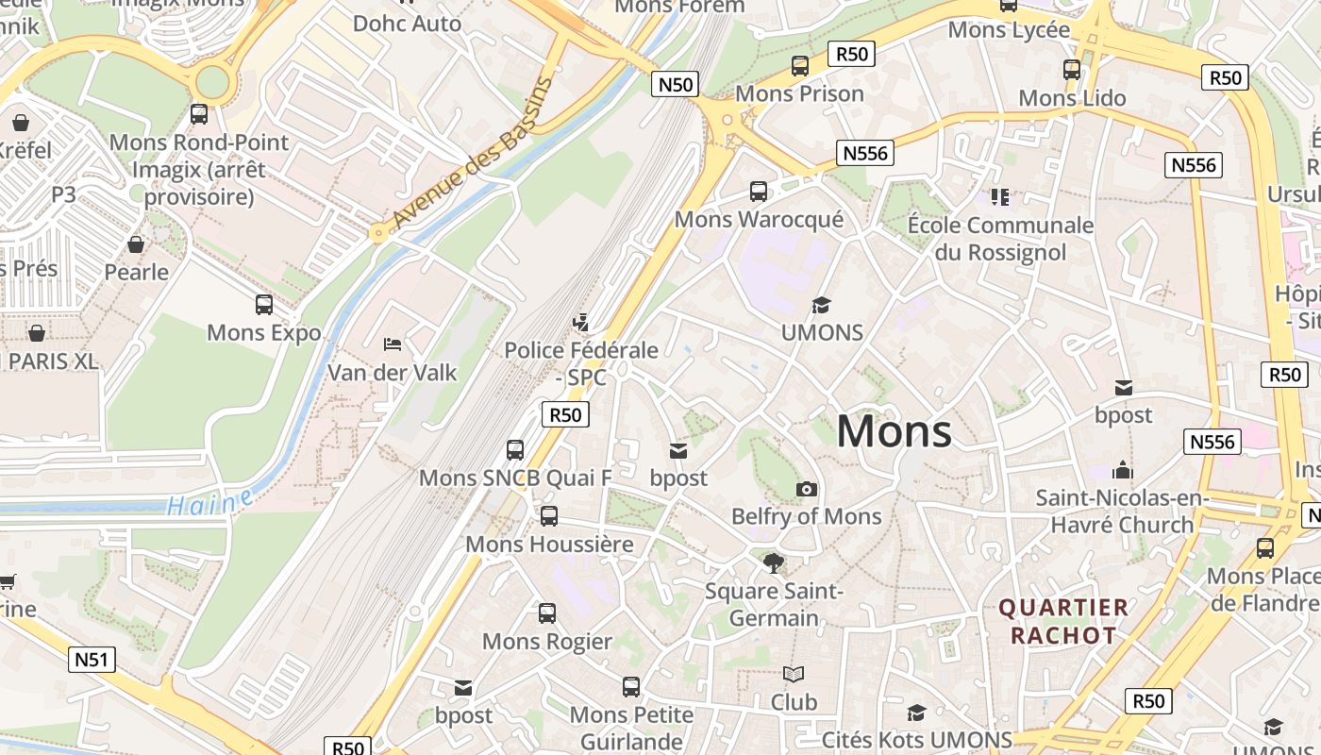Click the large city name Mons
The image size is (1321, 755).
coord(894,431)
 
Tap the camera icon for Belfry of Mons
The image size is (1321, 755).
coord(807,489)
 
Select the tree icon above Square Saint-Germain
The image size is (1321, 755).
coord(774,563)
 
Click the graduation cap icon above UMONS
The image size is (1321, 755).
coord(822,305)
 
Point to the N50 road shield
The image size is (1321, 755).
coord(675,84)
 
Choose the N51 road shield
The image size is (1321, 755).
coord(92,659)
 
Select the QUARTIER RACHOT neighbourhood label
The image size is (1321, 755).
coord(1063,621)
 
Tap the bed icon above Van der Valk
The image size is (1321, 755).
coord(393,344)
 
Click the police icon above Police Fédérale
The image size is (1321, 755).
coord(580,322)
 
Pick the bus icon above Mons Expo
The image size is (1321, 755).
coord(264,305)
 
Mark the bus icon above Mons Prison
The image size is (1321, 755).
coord(800,66)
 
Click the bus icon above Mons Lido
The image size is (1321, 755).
coord(1072,70)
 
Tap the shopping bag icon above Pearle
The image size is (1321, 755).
coord(136,244)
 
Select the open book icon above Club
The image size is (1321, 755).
coord(794,675)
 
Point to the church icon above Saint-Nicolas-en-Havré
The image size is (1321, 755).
coord(1123,469)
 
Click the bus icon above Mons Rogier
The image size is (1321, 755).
coord(547,613)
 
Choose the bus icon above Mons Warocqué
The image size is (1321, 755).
coord(759,192)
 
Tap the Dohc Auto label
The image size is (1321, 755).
coord(408,23)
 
